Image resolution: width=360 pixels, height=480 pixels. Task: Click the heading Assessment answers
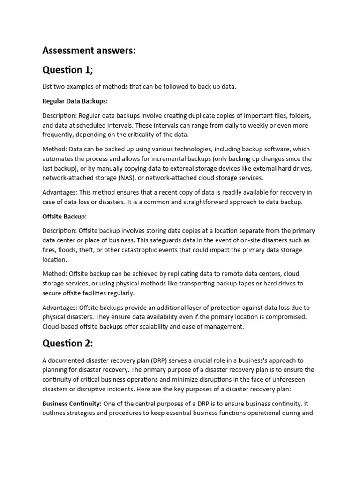coord(89,51)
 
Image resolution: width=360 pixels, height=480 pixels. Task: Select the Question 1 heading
coord(68,70)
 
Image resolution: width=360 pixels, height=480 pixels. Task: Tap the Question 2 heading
coord(68,344)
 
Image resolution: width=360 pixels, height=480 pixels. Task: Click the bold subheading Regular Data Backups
coord(75,101)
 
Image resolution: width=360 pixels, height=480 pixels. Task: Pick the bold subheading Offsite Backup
coord(65,217)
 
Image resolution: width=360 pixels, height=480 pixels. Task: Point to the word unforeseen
coord(292,380)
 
